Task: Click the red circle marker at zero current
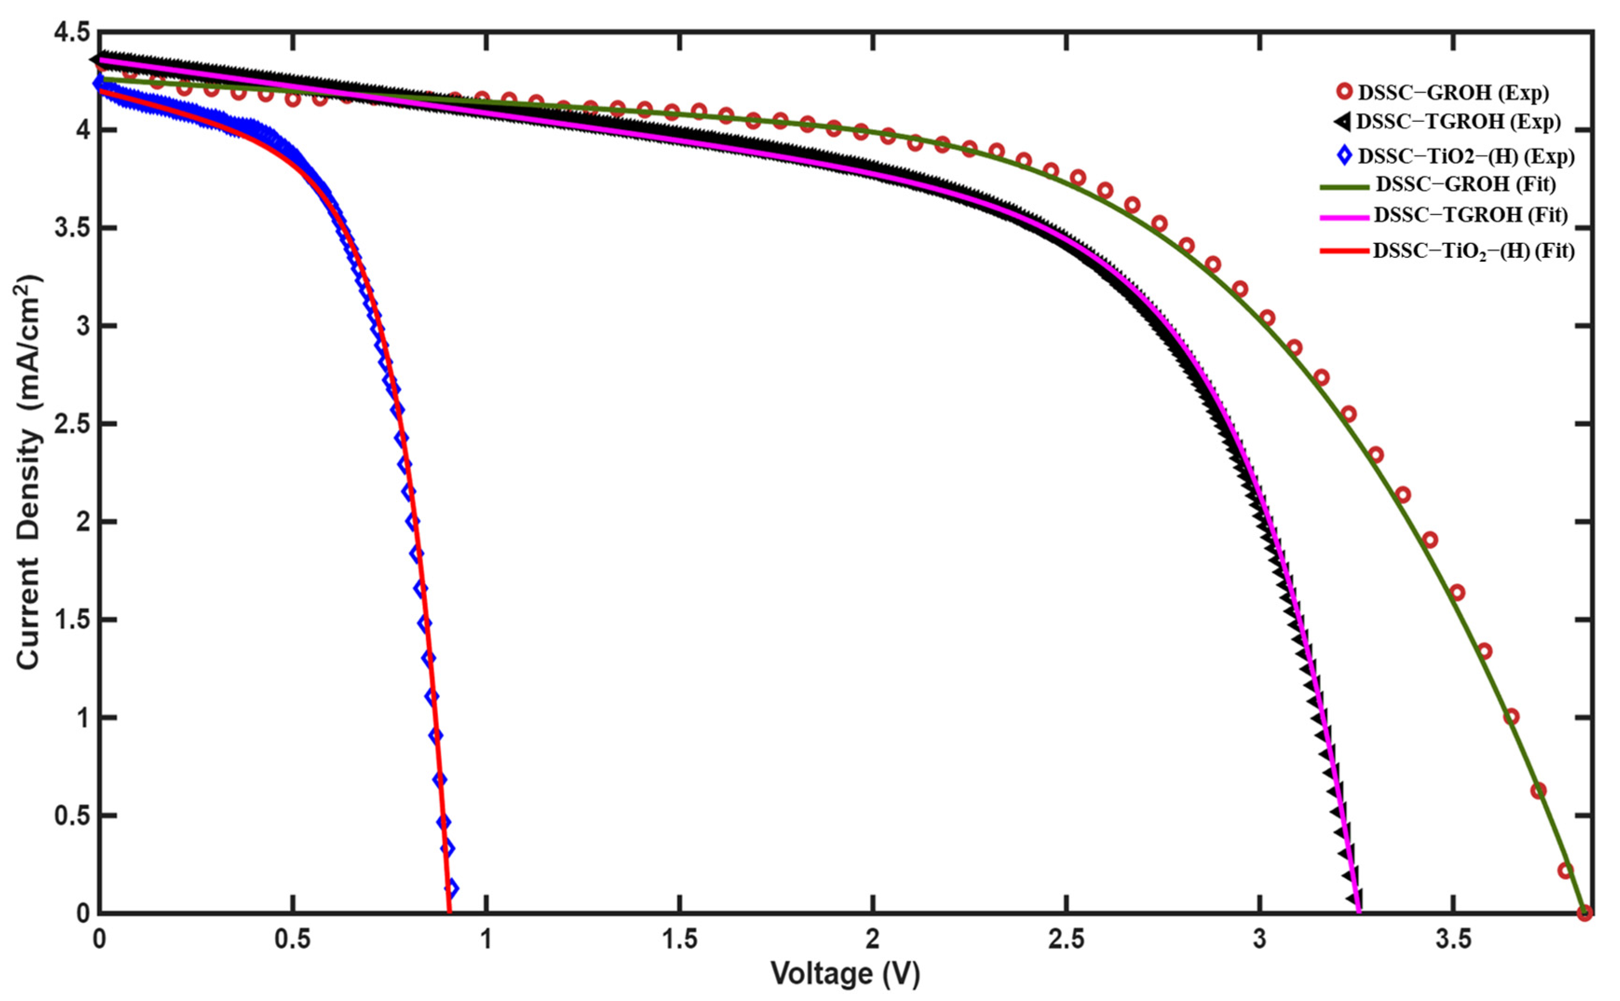click(x=1584, y=913)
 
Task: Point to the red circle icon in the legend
click(x=1343, y=92)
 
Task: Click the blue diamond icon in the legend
click(x=1343, y=156)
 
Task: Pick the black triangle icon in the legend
click(x=1342, y=122)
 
